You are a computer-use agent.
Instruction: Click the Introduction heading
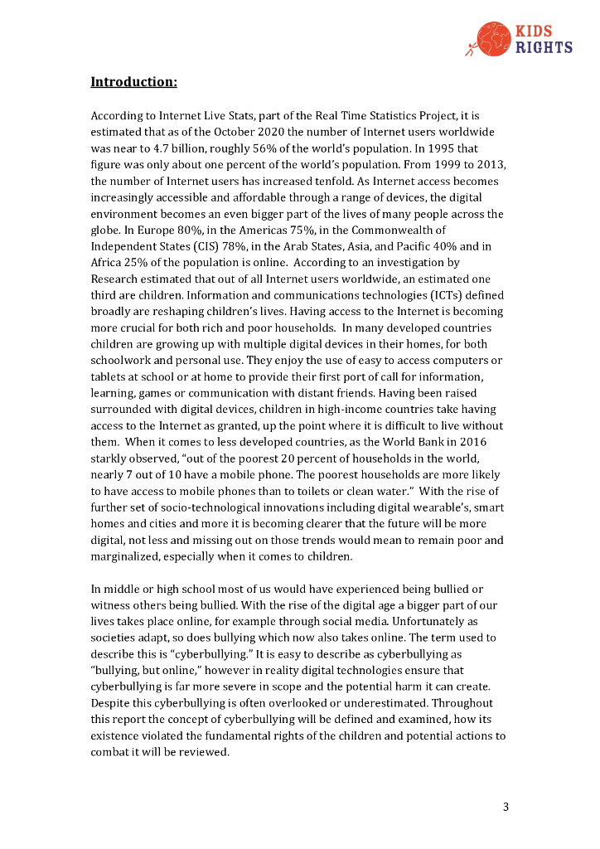click(133, 81)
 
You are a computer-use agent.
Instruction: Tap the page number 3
click(506, 806)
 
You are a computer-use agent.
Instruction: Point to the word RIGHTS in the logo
click(544, 47)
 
